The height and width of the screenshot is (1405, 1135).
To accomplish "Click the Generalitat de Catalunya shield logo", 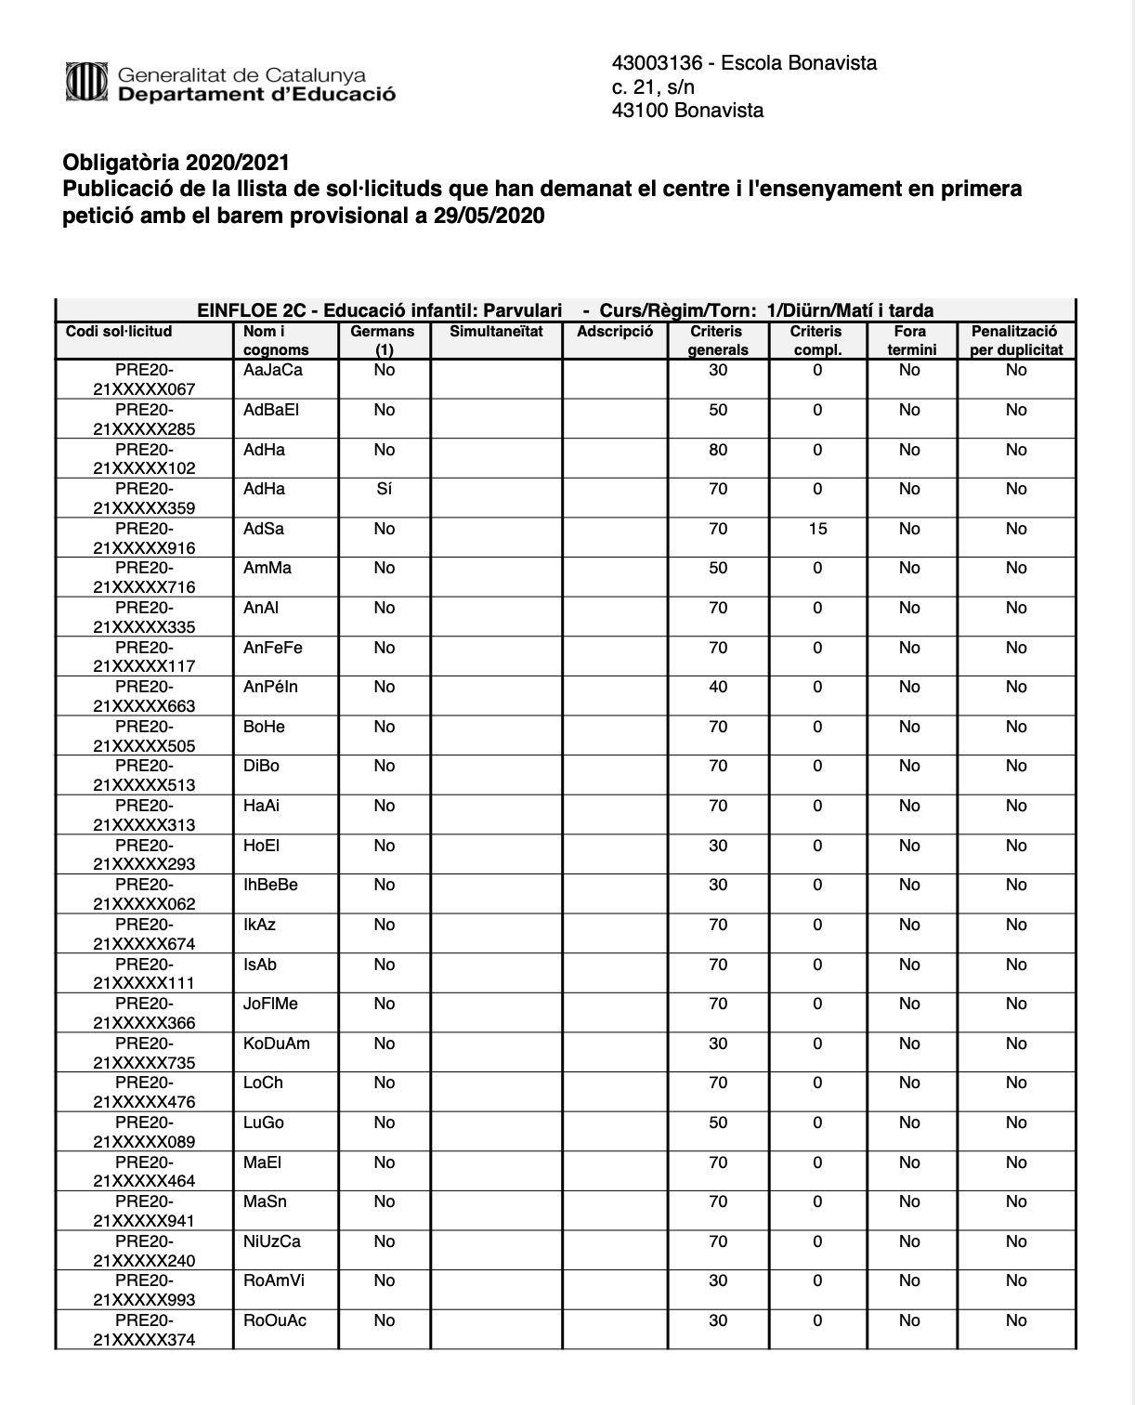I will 86,81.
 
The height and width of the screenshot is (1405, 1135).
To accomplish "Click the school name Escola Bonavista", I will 799,63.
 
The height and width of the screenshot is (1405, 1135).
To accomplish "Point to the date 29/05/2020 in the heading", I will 489,217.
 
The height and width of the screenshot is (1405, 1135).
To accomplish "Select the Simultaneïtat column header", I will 496,332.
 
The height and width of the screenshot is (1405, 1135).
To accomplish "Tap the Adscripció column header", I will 615,332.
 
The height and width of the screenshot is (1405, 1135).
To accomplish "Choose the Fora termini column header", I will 910,340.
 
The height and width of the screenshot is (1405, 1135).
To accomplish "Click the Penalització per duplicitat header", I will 1016,340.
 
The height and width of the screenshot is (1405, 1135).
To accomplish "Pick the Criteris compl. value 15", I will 817,529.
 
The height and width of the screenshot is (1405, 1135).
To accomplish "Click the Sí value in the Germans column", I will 385,489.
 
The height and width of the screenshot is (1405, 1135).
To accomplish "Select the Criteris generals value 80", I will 718,450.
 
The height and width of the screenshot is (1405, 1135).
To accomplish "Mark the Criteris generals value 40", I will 718,687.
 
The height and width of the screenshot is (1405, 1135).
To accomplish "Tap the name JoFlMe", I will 270,1004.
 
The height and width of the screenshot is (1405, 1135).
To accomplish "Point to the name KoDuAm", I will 277,1044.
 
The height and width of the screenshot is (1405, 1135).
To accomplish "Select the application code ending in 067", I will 144,380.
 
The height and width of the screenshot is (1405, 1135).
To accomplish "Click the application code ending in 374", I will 144,1331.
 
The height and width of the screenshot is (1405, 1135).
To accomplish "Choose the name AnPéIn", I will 270,687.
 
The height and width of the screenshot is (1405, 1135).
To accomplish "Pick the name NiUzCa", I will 272,1241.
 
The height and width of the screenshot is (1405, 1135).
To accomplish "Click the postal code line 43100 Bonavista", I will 687,111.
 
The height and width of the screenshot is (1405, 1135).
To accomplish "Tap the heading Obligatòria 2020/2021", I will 176,164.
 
